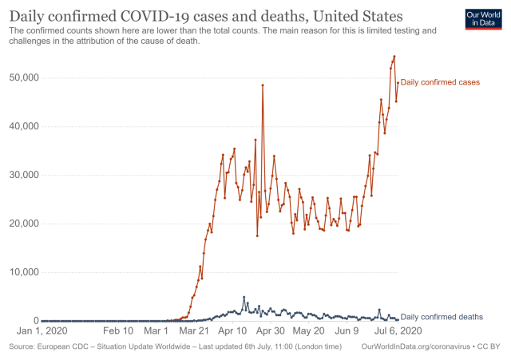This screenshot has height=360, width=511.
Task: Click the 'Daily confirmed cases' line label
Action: [440, 82]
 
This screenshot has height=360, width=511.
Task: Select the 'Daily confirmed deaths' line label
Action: [442, 317]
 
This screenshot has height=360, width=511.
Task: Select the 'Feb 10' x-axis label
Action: [117, 330]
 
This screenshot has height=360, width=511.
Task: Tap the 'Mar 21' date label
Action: [195, 330]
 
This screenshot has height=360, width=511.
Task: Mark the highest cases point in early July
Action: [394, 57]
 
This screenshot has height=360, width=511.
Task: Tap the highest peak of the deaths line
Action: [244, 297]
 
